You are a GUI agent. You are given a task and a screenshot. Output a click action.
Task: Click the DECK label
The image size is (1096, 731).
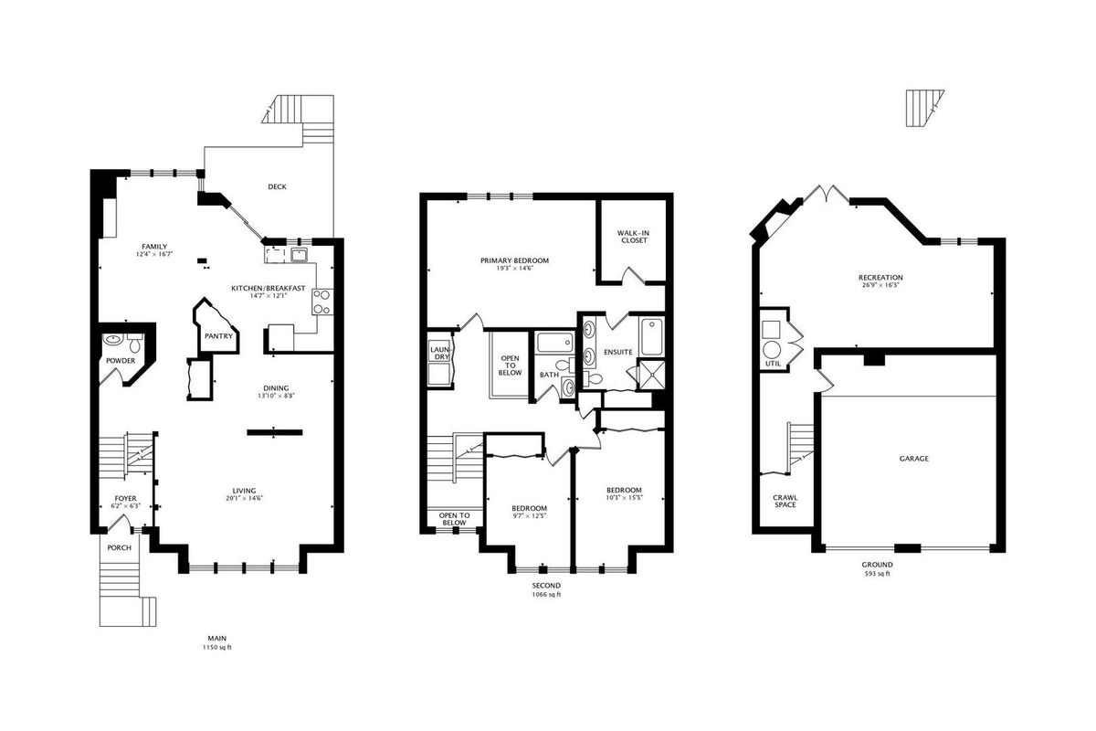point(277,186)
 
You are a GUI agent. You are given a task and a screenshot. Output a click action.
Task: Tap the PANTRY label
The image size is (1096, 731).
point(218,336)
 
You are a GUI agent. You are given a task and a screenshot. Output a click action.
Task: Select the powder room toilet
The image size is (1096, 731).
point(135,344)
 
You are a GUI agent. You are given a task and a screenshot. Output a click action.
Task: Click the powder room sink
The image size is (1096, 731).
point(113,339)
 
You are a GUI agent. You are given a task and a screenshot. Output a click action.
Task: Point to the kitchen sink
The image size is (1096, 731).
point(298,255)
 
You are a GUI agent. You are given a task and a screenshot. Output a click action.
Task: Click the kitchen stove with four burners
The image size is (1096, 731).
point(321,302)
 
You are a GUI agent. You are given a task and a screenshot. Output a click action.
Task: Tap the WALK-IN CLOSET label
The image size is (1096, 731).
point(634,237)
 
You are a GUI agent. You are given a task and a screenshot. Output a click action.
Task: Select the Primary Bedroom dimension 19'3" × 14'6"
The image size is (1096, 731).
point(513,269)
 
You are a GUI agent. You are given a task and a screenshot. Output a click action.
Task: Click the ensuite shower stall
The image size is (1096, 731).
point(652,375)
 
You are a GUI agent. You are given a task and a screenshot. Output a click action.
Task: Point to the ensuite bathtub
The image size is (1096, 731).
point(652,336)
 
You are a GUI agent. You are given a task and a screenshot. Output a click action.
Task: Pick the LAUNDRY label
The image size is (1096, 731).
point(439,353)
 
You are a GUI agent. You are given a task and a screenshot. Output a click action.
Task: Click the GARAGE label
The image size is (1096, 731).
point(913,459)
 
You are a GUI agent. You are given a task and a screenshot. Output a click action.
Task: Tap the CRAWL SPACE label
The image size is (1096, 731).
point(785,501)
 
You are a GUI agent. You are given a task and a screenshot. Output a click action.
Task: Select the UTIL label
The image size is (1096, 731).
point(773,364)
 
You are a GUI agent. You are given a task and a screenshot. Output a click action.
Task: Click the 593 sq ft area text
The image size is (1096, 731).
point(878,573)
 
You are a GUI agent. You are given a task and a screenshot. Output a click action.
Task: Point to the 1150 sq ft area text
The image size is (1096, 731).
point(216,647)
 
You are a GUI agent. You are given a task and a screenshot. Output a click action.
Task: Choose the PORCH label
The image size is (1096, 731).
point(120,547)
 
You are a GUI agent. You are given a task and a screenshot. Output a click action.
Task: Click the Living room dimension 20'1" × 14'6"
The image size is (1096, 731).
point(244,498)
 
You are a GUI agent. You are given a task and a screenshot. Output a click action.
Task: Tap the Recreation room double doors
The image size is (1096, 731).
point(827,194)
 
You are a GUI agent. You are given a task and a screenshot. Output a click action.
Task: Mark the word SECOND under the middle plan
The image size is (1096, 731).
point(546,585)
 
